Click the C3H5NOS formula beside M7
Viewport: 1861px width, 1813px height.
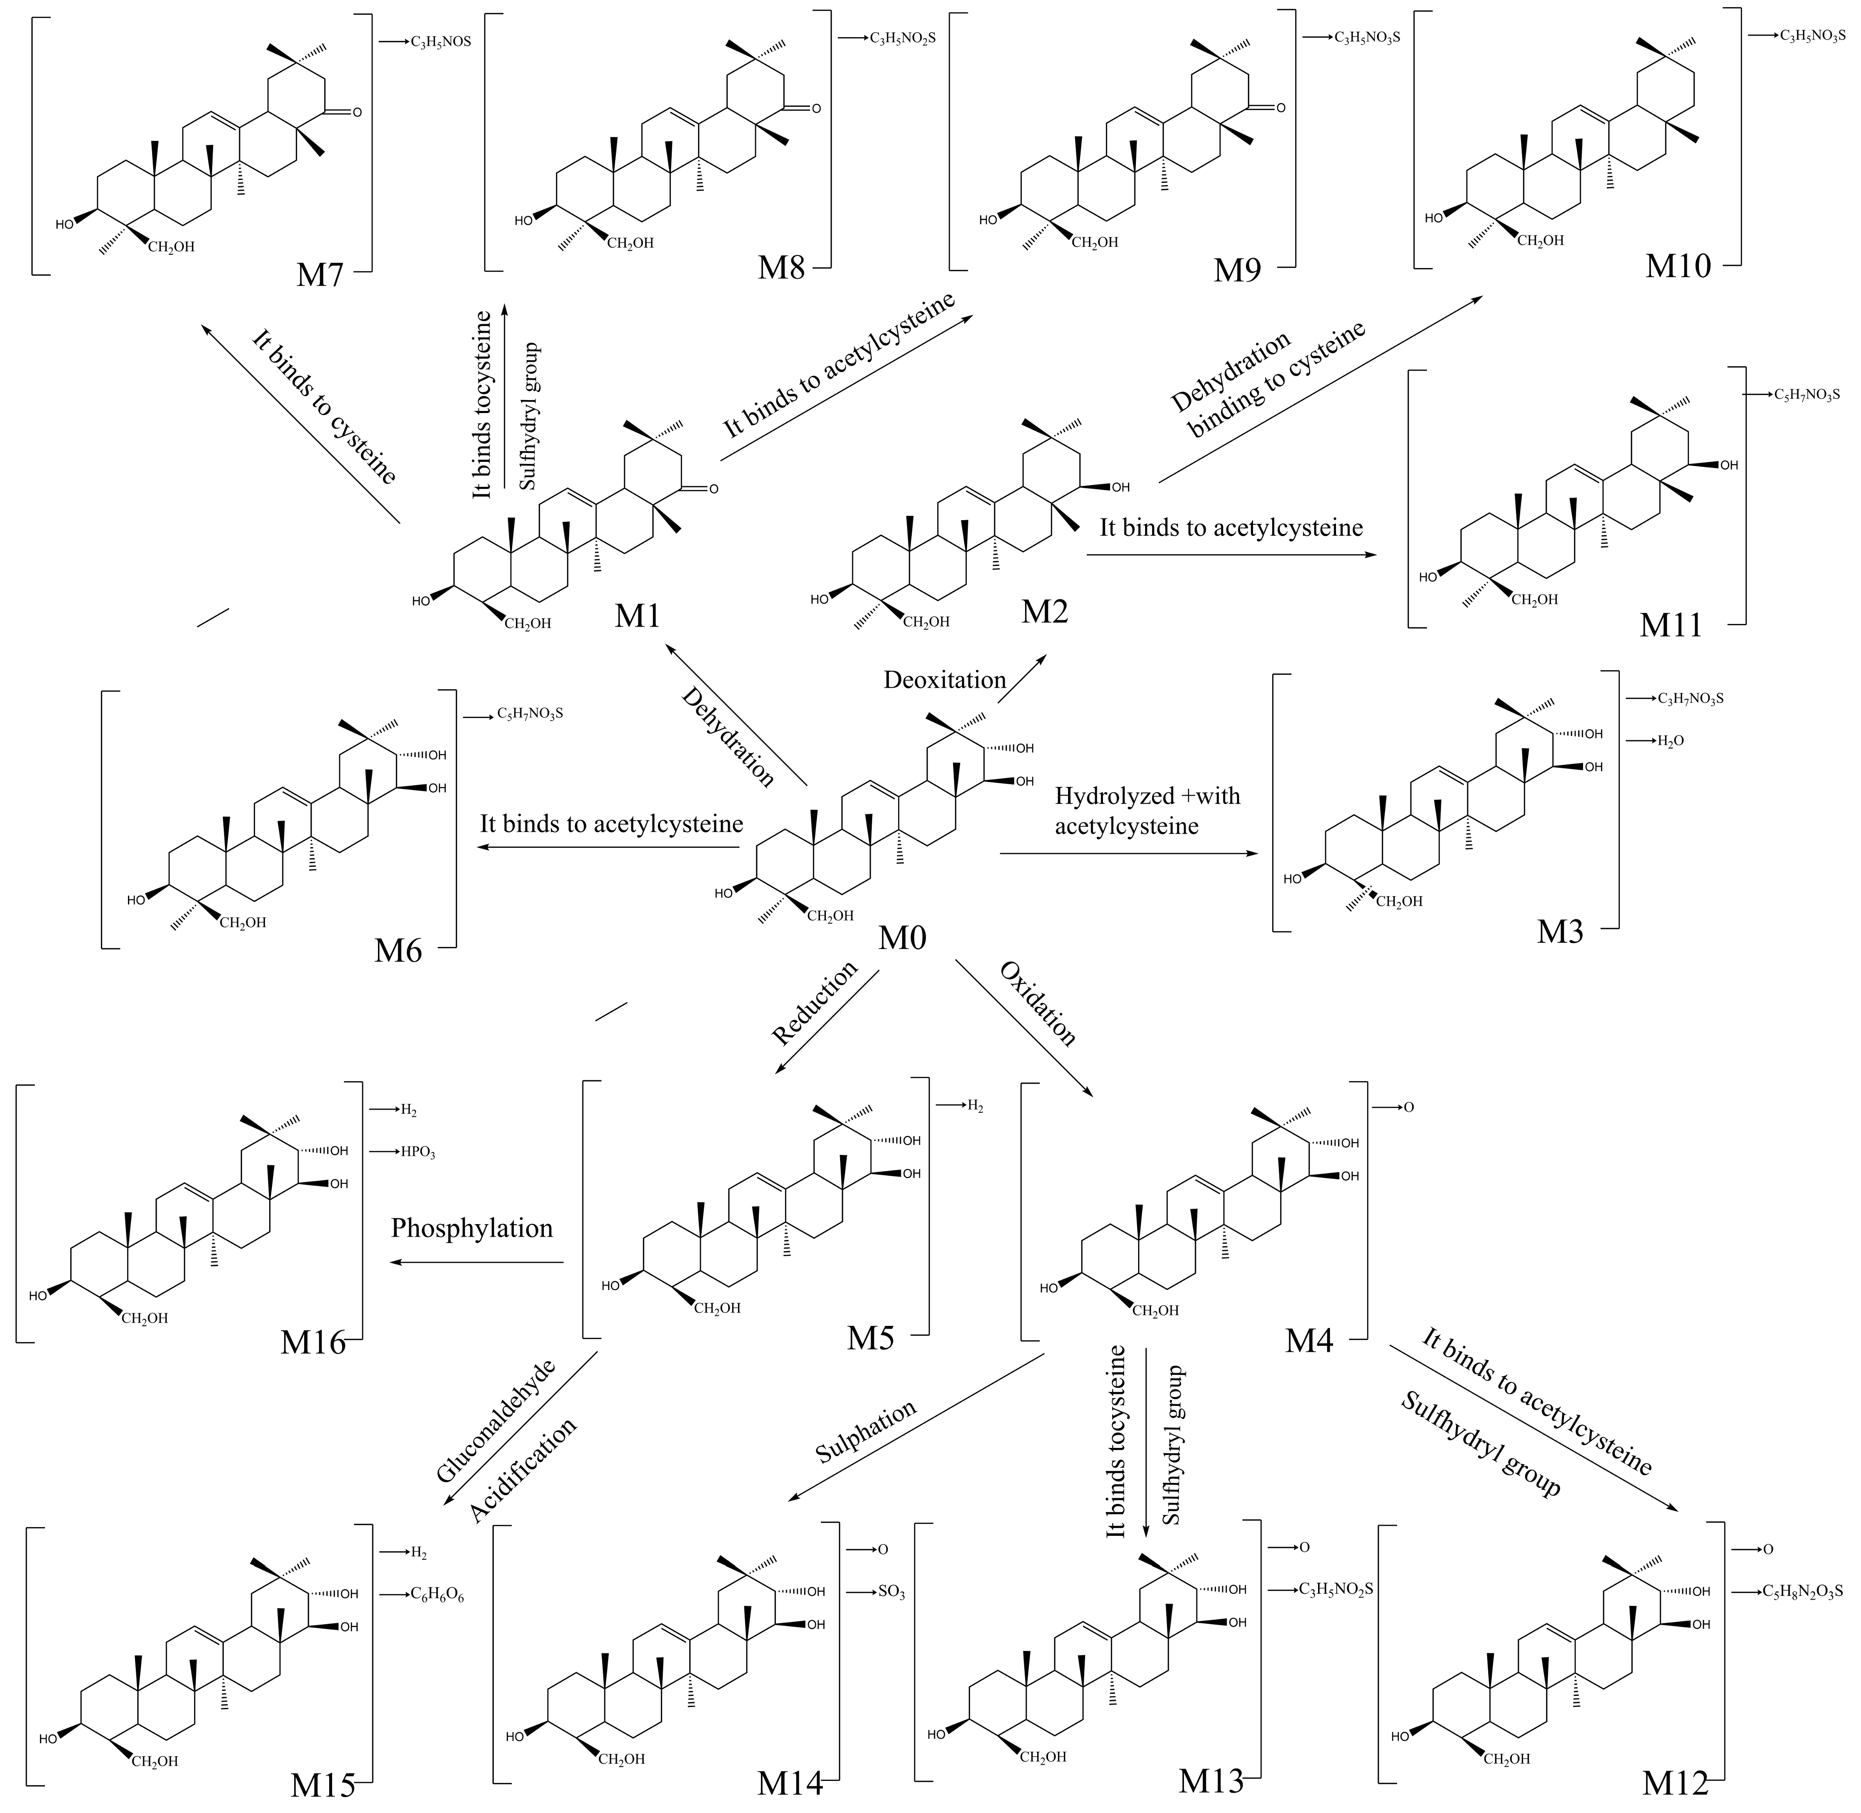pos(441,42)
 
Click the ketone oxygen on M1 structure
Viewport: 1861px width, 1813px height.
pos(713,489)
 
